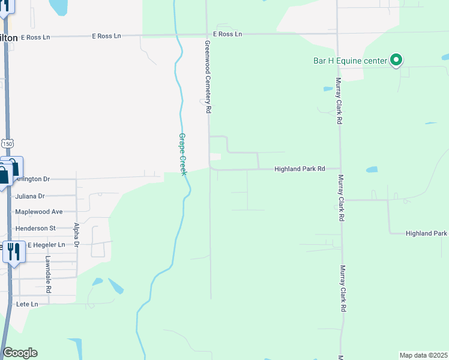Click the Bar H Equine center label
point(351,61)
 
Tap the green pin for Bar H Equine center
point(396,60)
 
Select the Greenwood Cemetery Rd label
point(208,77)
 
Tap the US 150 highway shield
point(7,144)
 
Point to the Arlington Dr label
point(33,179)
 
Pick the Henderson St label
point(36,228)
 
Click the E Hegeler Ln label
point(46,245)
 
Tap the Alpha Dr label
point(76,235)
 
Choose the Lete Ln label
point(27,304)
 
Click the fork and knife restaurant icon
point(14,251)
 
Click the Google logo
point(20,353)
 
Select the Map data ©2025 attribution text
point(423,355)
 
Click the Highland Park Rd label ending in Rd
point(300,169)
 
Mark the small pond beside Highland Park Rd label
point(372,170)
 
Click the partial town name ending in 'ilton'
point(8,37)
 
